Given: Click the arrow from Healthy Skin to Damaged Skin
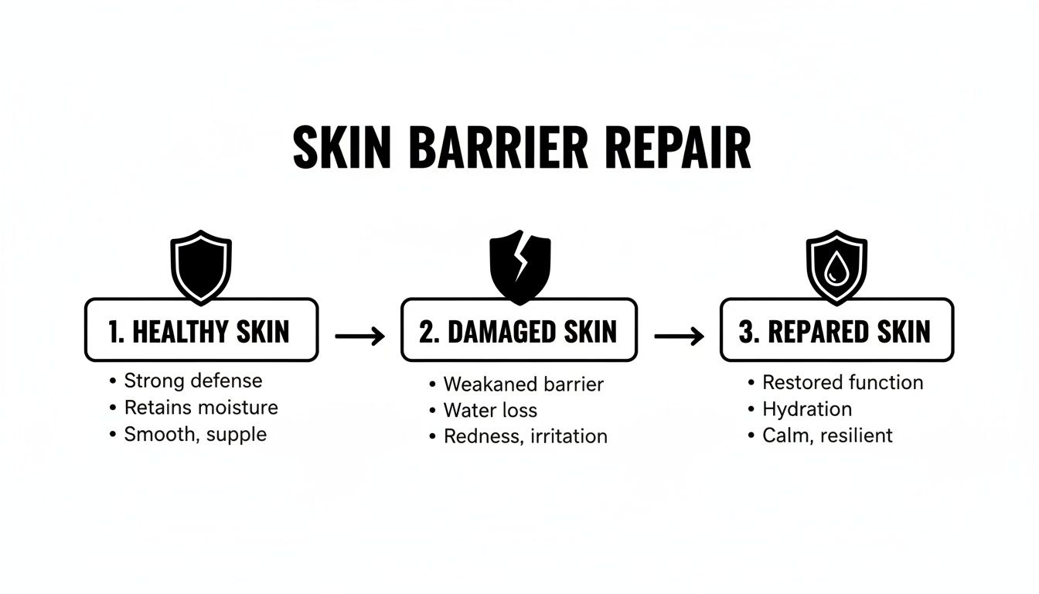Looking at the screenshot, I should (x=359, y=336).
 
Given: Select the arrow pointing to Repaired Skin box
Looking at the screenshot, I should (x=679, y=336).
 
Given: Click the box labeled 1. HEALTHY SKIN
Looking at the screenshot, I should (x=201, y=331).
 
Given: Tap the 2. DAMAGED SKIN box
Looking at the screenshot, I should (x=519, y=331).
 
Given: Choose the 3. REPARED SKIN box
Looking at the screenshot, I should (x=836, y=331).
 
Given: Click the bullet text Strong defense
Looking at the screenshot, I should (x=192, y=381).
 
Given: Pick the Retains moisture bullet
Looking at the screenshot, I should (x=200, y=408).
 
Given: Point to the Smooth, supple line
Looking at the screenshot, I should (x=195, y=434).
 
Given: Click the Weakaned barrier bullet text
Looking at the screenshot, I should (x=523, y=384).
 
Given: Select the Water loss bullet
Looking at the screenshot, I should (x=490, y=410).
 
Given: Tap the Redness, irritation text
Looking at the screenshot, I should (x=525, y=436).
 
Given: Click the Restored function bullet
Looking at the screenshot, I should (x=843, y=382).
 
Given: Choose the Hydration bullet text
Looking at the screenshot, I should (x=806, y=409).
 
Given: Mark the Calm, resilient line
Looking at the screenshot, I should (x=827, y=435).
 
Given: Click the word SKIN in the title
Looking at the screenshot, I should (x=340, y=149).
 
